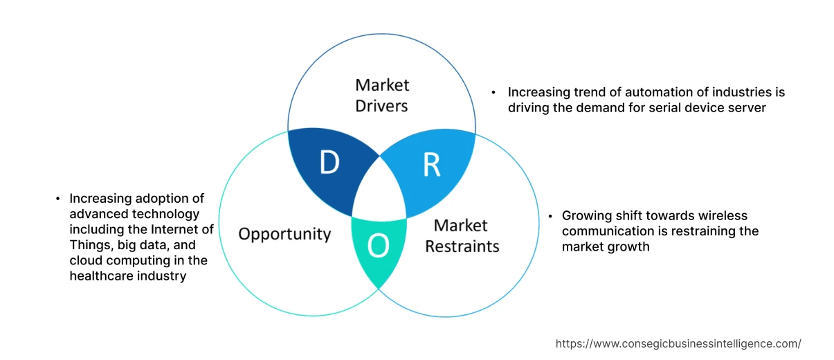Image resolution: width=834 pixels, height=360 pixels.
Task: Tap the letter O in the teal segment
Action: [377, 244]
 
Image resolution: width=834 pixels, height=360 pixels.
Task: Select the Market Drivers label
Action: [382, 95]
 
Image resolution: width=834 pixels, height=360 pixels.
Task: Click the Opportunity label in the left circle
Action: [284, 233]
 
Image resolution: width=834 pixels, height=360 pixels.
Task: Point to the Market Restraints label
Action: [462, 235]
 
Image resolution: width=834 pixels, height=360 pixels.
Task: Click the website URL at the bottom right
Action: [678, 343]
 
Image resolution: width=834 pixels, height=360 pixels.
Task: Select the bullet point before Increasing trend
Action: [493, 92]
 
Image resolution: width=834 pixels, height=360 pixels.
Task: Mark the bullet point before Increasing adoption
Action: [57, 199]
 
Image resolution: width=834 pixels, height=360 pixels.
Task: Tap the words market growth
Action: [606, 246]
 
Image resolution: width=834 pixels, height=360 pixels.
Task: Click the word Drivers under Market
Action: [382, 105]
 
